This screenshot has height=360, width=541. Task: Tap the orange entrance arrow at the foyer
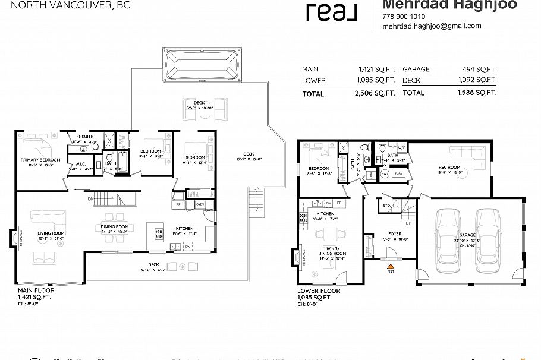pyautogui.click(x=391, y=253)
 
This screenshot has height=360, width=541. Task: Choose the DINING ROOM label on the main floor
pyautogui.click(x=114, y=226)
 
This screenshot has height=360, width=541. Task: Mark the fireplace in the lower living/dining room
pyautogui.click(x=296, y=257)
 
